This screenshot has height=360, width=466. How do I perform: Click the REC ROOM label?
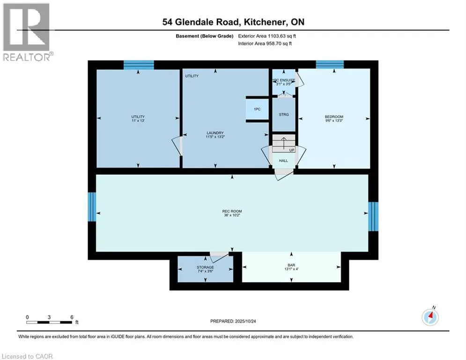pyautogui.click(x=232, y=211)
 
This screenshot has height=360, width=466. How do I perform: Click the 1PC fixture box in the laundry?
pyautogui.click(x=257, y=109)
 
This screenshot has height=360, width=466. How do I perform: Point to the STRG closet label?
pyautogui.click(x=283, y=114)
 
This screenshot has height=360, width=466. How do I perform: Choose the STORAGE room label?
pyautogui.click(x=205, y=267)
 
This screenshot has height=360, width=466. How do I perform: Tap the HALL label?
pyautogui.click(x=283, y=161)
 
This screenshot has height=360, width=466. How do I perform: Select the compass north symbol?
pyautogui.click(x=429, y=317)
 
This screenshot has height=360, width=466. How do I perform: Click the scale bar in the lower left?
pyautogui.click(x=49, y=322)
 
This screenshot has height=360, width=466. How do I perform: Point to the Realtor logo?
pyautogui.click(x=27, y=32)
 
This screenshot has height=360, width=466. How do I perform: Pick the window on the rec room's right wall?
pyautogui.click(x=372, y=216)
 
